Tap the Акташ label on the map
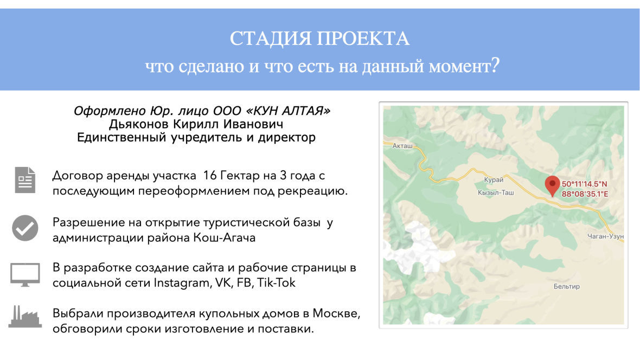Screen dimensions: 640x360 click(402, 146)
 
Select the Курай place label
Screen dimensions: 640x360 click(494, 179)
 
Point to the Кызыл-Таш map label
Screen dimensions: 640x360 click(496, 192)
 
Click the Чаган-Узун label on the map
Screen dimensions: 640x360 click(605, 236)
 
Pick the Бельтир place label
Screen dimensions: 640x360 click(567, 286)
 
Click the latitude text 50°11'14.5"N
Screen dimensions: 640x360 click(584, 184)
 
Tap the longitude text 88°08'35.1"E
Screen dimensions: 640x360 click(585, 194)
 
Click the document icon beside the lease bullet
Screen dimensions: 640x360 click(25, 179)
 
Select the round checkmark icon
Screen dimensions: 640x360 click(25, 228)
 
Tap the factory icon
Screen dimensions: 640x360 click(25, 316)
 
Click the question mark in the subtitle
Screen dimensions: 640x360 click(495, 65)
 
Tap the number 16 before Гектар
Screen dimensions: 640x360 click(210, 176)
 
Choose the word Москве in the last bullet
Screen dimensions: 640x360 click(336, 313)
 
